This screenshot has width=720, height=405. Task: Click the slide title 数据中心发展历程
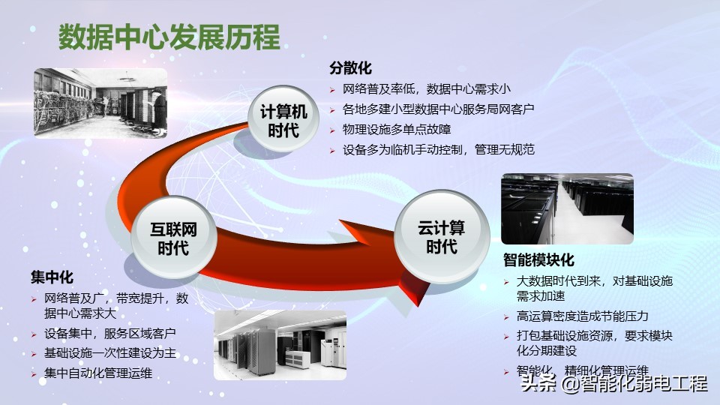(x=169, y=37)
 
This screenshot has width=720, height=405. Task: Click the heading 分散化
(x=350, y=68)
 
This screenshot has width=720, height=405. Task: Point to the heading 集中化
(x=52, y=277)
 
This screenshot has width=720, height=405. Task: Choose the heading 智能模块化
(x=538, y=260)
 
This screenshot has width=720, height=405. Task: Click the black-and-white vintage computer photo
(x=100, y=102)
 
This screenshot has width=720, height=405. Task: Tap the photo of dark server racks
(x=567, y=209)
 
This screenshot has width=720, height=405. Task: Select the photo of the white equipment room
(x=280, y=344)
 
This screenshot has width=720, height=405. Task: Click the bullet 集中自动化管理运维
(x=98, y=373)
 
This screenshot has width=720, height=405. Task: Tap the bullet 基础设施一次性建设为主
(x=110, y=353)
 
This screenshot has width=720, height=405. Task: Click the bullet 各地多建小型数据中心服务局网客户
(x=438, y=109)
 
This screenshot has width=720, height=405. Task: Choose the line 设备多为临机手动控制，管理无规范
(x=438, y=149)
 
